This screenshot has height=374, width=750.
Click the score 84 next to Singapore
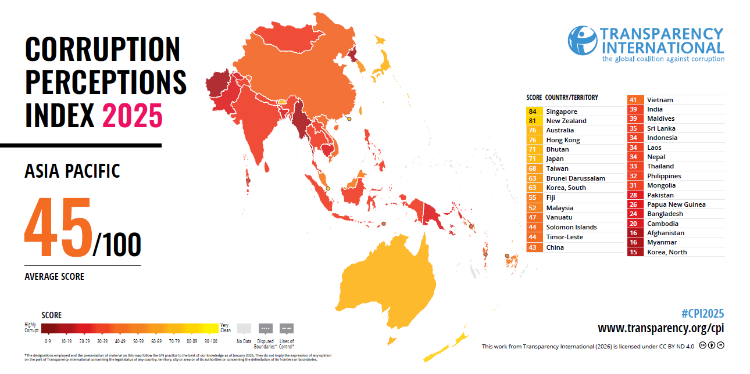[533, 112]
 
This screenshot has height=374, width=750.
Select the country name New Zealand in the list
[566, 121]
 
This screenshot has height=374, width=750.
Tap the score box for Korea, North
[634, 252]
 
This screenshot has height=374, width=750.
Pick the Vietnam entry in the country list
[660, 100]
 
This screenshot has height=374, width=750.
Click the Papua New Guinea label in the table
[676, 204]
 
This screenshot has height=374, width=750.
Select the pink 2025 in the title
[132, 115]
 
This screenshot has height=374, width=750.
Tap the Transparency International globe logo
[582, 41]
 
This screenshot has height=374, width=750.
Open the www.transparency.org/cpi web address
[660, 329]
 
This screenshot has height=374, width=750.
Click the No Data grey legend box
[244, 328]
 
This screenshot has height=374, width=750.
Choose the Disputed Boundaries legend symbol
[266, 328]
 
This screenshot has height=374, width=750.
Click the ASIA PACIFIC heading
[72, 171]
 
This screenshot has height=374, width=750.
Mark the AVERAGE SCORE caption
[54, 276]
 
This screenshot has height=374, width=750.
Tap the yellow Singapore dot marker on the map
[327, 188]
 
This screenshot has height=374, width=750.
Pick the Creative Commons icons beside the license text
[712, 346]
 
